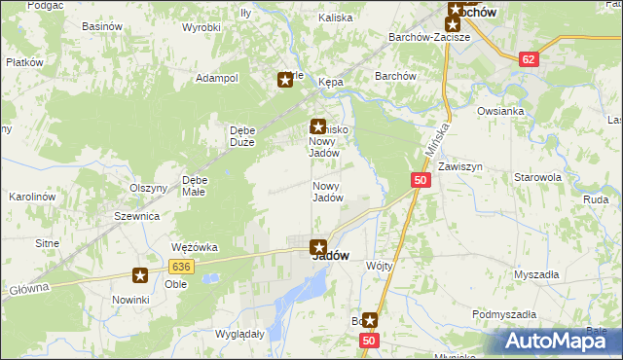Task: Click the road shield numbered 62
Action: [x=528, y=59]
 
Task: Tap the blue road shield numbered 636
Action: [x=180, y=266]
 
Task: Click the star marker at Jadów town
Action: [x=317, y=247]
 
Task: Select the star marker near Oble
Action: [x=141, y=276]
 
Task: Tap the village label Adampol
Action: [x=217, y=78]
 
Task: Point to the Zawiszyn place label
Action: [x=459, y=166]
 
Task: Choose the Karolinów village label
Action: [x=32, y=197]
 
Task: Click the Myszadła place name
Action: [x=535, y=274]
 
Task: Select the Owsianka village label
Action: [x=500, y=111]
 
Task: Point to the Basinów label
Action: [x=101, y=26]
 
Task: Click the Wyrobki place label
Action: [x=201, y=27]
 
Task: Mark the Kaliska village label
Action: [x=335, y=18]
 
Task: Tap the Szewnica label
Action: [x=136, y=216]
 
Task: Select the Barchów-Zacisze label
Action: [x=429, y=37]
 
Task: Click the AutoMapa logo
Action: [x=559, y=341]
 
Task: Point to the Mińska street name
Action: [x=438, y=138]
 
